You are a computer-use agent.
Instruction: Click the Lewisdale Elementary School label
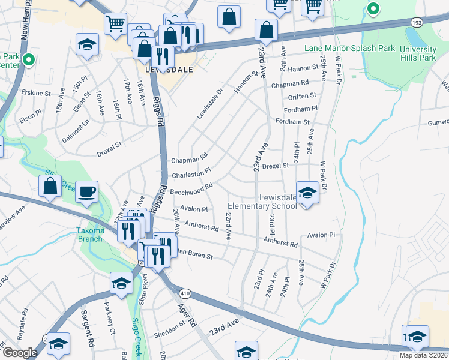(x=278, y=202)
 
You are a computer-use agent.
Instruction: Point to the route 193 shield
(x=417, y=22)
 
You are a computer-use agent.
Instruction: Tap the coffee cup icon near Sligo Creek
(x=87, y=191)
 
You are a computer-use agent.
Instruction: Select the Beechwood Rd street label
(x=191, y=189)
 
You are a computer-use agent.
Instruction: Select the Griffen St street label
(x=302, y=95)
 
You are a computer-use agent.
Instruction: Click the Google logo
(x=20, y=353)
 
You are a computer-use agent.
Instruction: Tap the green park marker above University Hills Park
(x=373, y=9)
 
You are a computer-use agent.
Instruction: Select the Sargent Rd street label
(x=88, y=332)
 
